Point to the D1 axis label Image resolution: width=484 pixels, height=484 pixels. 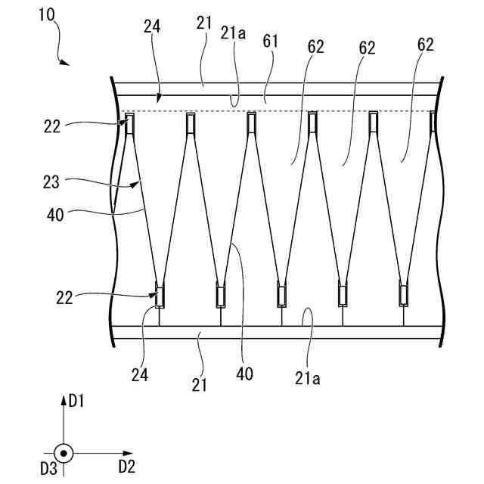(x=76, y=401)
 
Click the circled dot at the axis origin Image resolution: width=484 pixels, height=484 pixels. (x=64, y=454)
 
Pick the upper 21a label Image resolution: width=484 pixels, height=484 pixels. (x=234, y=33)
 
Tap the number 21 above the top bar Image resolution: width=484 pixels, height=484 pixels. (x=203, y=24)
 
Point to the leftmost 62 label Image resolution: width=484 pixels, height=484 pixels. (x=316, y=47)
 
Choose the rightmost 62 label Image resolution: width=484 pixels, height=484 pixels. (x=425, y=45)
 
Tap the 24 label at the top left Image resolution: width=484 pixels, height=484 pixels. (x=151, y=26)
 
